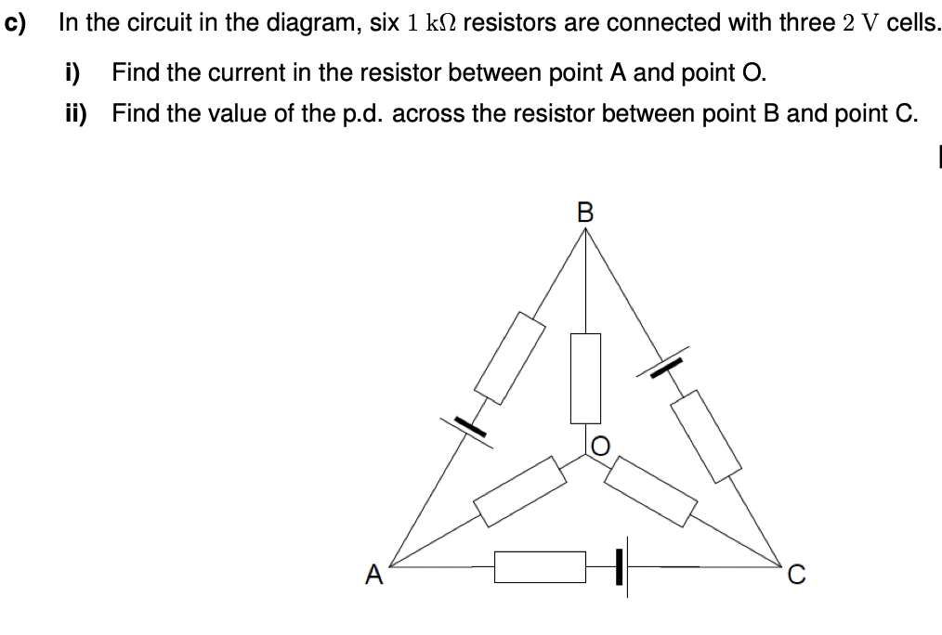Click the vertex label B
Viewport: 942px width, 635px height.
click(584, 211)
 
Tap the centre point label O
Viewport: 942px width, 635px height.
click(601, 447)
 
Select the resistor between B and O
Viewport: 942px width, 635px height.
click(584, 377)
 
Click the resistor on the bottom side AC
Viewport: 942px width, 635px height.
click(540, 566)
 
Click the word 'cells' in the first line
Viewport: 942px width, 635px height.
click(911, 21)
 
